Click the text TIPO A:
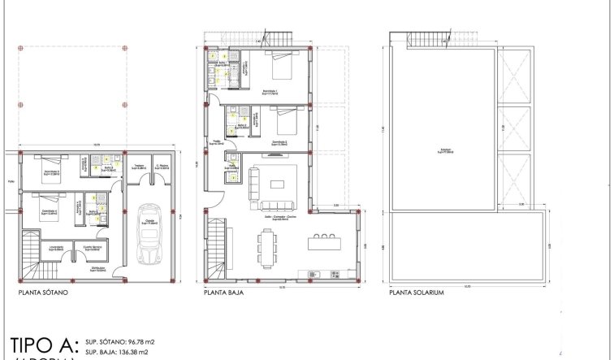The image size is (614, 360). pos(45,341)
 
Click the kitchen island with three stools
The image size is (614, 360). pos(325,242)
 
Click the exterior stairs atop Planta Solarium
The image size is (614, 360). pos(422,39)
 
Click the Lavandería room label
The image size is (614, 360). pos(56,248)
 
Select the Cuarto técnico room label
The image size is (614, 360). pos(91,247)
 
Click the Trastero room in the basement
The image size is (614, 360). pos(139,167)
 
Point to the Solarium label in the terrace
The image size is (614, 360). pos(443,151)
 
